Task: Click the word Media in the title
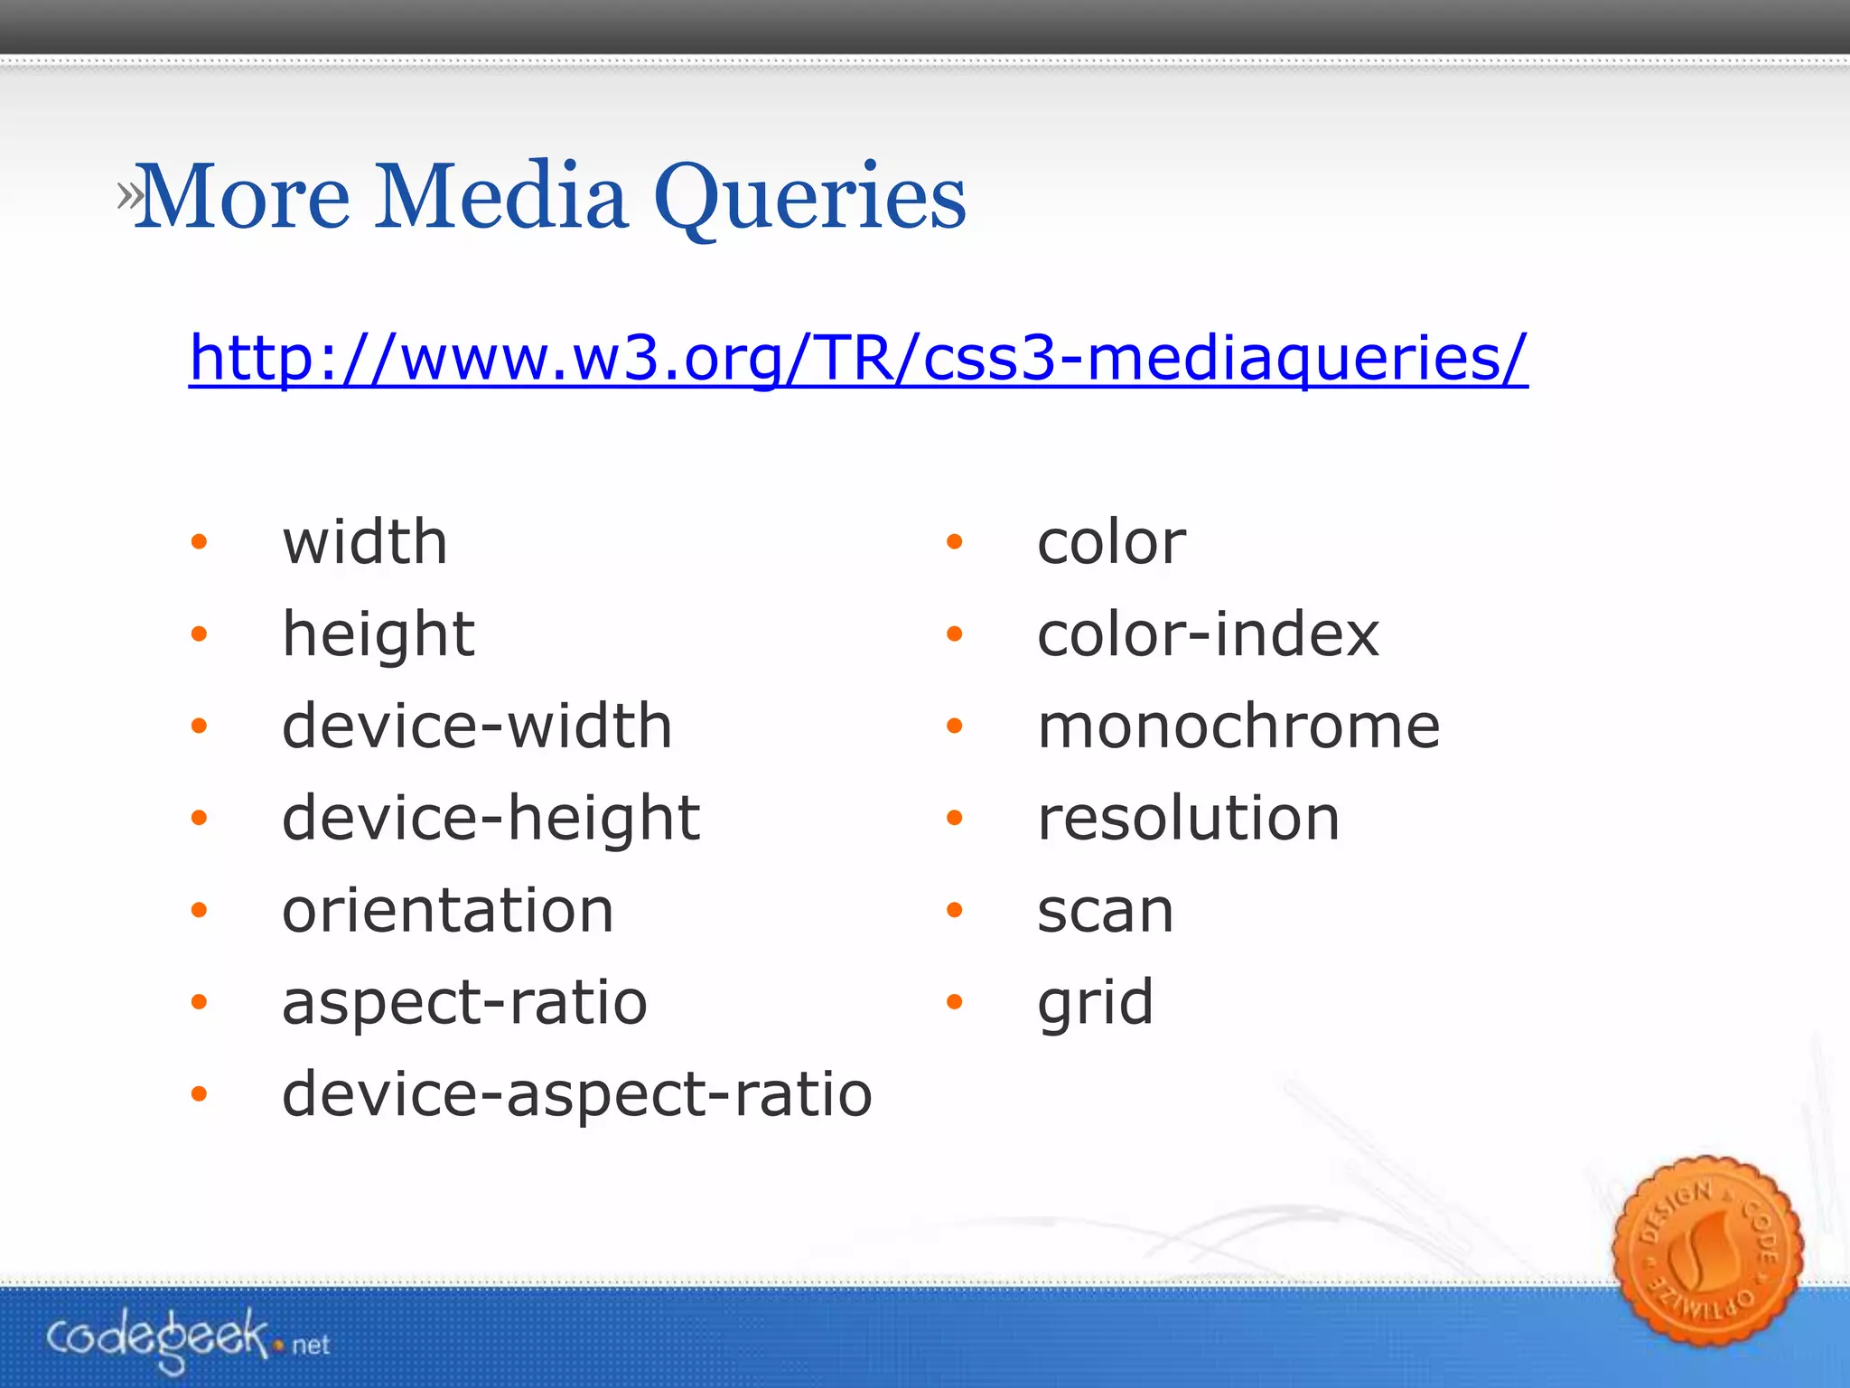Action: pyautogui.click(x=501, y=197)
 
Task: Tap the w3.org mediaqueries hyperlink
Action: pyautogui.click(x=857, y=359)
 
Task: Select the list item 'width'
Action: pyautogui.click(x=365, y=542)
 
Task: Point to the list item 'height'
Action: pyautogui.click(x=378, y=634)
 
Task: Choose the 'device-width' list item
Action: pyautogui.click(x=477, y=727)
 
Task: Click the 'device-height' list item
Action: pyautogui.click(x=491, y=819)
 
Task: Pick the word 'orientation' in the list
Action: pyautogui.click(x=448, y=911)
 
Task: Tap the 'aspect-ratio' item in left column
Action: pyautogui.click(x=464, y=1003)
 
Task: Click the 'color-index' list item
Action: pyautogui.click(x=1208, y=634)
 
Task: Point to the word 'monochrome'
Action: pyautogui.click(x=1238, y=727)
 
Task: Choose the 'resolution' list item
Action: pyautogui.click(x=1188, y=819)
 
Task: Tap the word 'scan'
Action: pyautogui.click(x=1105, y=911)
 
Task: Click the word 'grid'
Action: pyautogui.click(x=1095, y=1003)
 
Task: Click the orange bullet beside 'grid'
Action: pyautogui.click(x=954, y=1002)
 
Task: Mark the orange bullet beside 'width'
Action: pyautogui.click(x=199, y=542)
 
